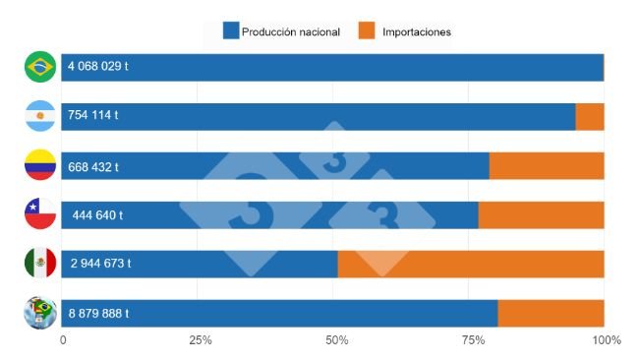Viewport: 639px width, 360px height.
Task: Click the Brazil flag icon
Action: pos(40,67)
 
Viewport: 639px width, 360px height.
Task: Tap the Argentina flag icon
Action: pos(40,117)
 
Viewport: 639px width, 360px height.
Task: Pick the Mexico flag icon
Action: pos(40,263)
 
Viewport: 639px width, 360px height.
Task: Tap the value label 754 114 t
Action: pos(93,116)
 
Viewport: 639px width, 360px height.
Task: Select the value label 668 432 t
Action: pos(93,166)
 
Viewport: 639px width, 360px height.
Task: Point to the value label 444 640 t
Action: pos(97,215)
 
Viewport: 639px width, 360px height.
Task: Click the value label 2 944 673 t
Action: pos(100,264)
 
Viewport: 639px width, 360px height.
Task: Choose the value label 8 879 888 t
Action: pos(98,314)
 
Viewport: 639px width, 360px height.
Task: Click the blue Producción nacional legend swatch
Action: pos(231,31)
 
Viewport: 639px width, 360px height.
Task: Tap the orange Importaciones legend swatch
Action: pos(365,31)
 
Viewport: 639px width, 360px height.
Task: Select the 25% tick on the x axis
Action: pos(201,340)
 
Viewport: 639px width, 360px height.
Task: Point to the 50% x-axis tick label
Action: pos(337,340)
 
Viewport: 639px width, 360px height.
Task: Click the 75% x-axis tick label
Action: pos(473,340)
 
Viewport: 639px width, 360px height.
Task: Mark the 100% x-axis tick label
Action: pos(607,340)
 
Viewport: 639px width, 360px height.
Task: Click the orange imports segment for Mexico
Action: pos(471,264)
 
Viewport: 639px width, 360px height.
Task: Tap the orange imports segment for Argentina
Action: pos(590,116)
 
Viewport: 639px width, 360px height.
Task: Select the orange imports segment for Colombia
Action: pos(547,166)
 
